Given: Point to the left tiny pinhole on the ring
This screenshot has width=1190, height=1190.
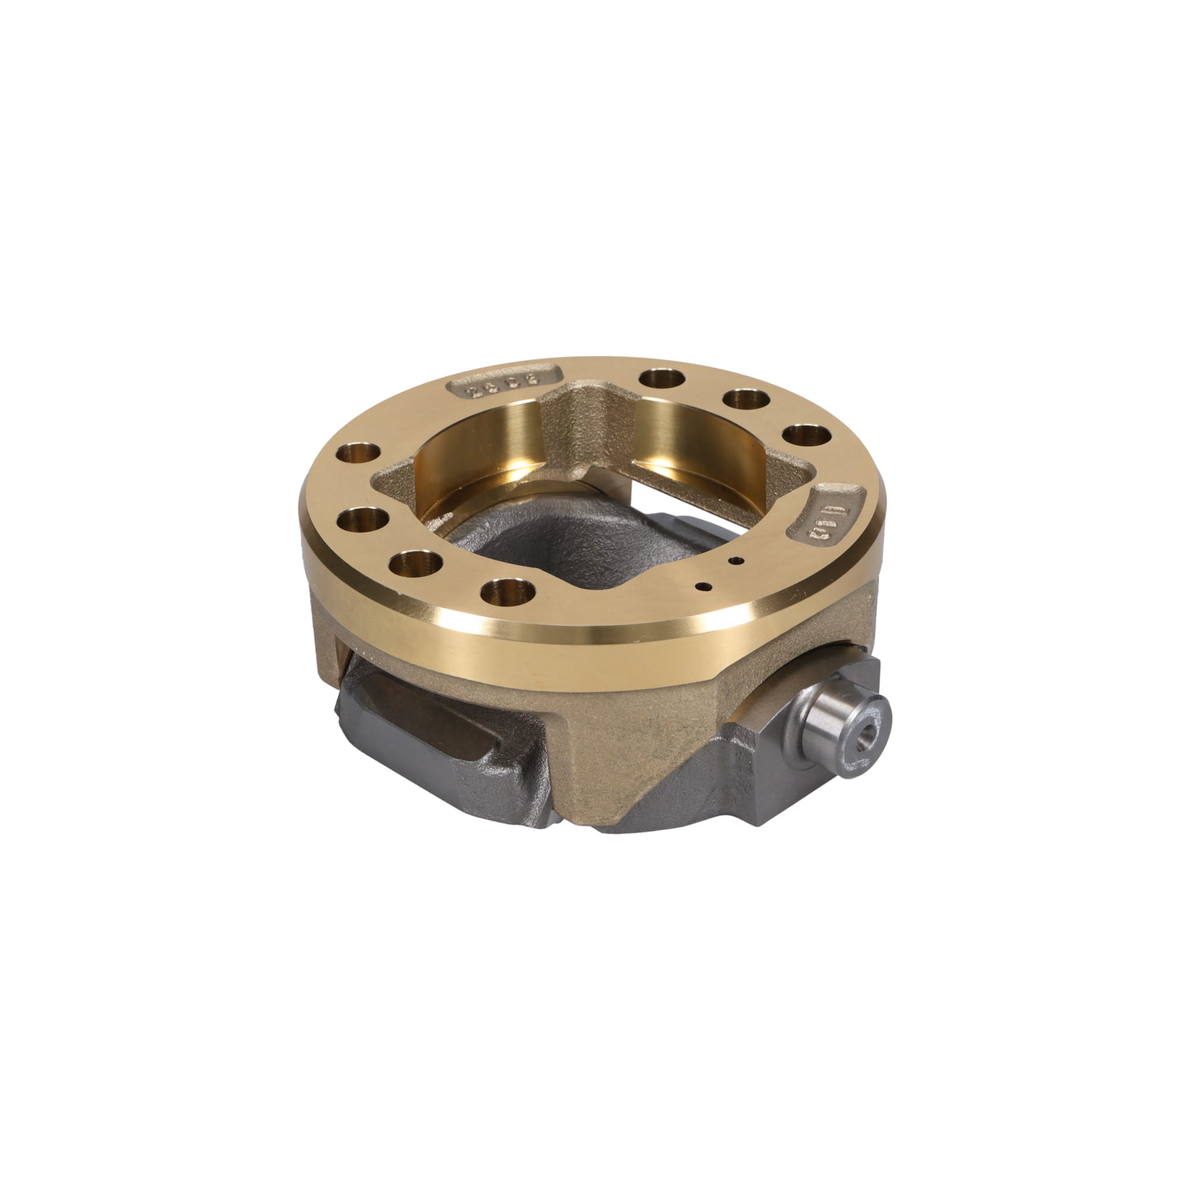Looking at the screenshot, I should point(700,585).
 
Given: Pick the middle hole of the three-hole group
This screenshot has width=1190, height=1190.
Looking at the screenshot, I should point(746,400).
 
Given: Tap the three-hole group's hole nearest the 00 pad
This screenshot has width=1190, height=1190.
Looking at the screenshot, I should point(807,436).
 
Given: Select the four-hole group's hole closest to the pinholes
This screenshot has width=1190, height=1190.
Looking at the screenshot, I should point(508,592).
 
